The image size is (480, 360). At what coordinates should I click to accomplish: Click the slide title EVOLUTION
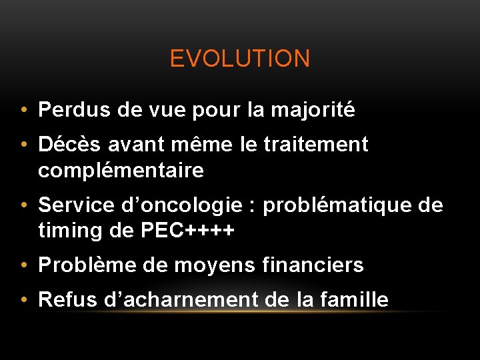point(240,59)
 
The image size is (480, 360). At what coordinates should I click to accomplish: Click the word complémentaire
point(121,171)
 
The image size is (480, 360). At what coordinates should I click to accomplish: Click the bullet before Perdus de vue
point(24,110)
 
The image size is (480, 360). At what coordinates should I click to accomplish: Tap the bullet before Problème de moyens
point(24,266)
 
